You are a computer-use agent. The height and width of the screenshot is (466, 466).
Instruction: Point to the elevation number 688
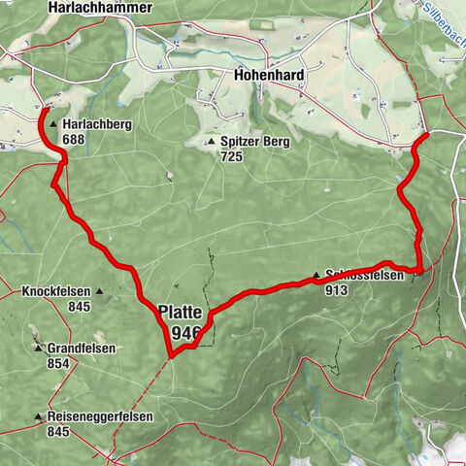[x=74, y=140]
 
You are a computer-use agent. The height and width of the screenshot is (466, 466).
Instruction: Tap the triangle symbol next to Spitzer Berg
[x=211, y=143]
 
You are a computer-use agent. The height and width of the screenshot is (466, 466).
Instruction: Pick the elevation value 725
[x=231, y=156]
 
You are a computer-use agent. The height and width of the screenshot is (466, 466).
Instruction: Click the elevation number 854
[x=58, y=363]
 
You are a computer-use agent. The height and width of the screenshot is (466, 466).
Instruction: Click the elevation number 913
[x=337, y=289]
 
